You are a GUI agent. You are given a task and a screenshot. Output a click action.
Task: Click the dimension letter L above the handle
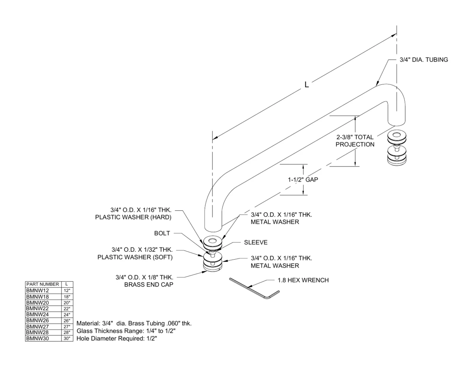tap(307, 84)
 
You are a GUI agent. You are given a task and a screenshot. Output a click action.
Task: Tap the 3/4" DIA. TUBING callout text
tap(424, 60)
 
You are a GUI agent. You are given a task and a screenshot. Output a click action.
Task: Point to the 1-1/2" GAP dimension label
tap(303, 180)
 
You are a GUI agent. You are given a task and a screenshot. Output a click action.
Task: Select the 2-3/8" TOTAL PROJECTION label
tap(355, 141)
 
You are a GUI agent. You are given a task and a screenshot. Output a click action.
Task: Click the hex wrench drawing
tap(255, 288)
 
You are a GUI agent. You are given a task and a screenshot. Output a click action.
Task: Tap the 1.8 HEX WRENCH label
tap(303, 280)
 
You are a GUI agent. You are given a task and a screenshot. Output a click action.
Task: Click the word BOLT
tap(162, 233)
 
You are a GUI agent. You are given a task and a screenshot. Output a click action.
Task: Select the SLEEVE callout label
tap(256, 242)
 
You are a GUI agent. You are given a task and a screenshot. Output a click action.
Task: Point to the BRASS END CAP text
tap(149, 285)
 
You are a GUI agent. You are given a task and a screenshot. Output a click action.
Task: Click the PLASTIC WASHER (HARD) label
tap(133, 217)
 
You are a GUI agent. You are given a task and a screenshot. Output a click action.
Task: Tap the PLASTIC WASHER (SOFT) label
tap(135, 257)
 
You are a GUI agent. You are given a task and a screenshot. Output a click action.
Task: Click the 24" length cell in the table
tap(67, 315)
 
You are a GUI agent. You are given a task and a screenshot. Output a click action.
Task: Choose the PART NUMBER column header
tap(43, 284)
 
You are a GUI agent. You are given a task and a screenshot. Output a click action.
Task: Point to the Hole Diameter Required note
tap(117, 339)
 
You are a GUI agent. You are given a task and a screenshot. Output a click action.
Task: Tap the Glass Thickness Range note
tap(126, 331)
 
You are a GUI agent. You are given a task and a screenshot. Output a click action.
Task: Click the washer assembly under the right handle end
tap(397, 147)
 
